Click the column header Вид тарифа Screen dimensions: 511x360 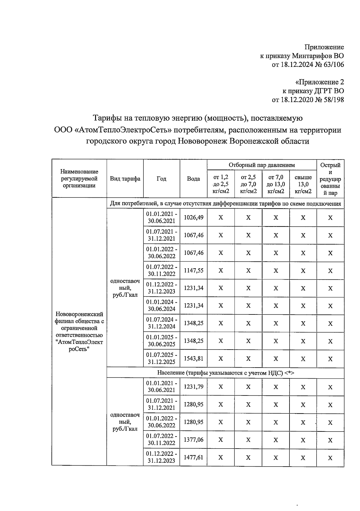pyautogui.click(x=125, y=179)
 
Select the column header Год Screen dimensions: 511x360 pyautogui.click(x=161, y=179)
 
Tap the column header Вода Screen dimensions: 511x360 pyautogui.click(x=193, y=179)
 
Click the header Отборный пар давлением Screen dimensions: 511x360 pyautogui.click(x=262, y=165)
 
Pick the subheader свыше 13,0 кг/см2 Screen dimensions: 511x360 pyautogui.click(x=303, y=184)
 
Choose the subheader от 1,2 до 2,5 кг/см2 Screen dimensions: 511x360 pyautogui.click(x=220, y=184)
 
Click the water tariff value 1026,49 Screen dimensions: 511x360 pyautogui.click(x=193, y=217)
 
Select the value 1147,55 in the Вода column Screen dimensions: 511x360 pyautogui.click(x=193, y=270)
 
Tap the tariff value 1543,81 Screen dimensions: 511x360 pyautogui.click(x=193, y=358)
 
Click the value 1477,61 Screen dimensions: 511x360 pyautogui.click(x=193, y=457)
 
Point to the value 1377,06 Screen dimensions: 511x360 pyautogui.click(x=193, y=440)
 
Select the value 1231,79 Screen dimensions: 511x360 pyautogui.click(x=193, y=386)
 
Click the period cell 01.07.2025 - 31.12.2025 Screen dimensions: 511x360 pyautogui.click(x=161, y=358)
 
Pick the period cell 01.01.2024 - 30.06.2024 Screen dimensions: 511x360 pyautogui.click(x=161, y=305)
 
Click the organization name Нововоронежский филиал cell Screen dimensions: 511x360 pyautogui.click(x=79, y=332)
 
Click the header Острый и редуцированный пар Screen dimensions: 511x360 pyautogui.click(x=330, y=179)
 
